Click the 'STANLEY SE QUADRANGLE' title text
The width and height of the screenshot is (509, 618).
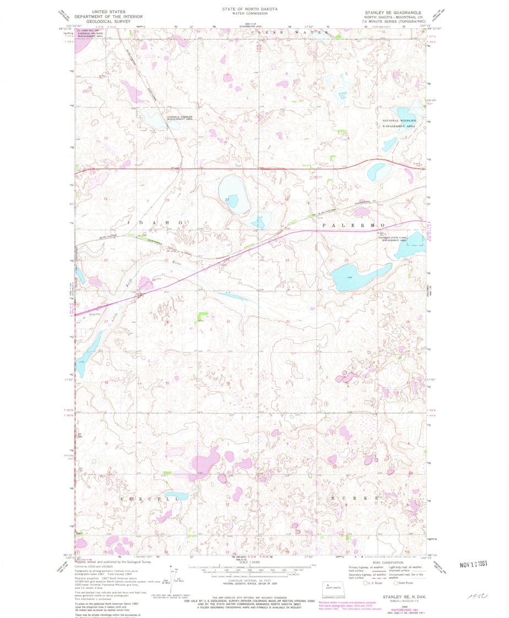point(392,12)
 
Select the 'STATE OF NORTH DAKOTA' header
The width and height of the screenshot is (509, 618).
point(250,9)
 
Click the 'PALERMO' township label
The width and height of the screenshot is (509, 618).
point(353,226)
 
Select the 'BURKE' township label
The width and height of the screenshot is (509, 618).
point(355,498)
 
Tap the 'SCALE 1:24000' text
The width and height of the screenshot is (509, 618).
point(250,562)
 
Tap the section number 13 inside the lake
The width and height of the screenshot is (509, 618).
point(227,199)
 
